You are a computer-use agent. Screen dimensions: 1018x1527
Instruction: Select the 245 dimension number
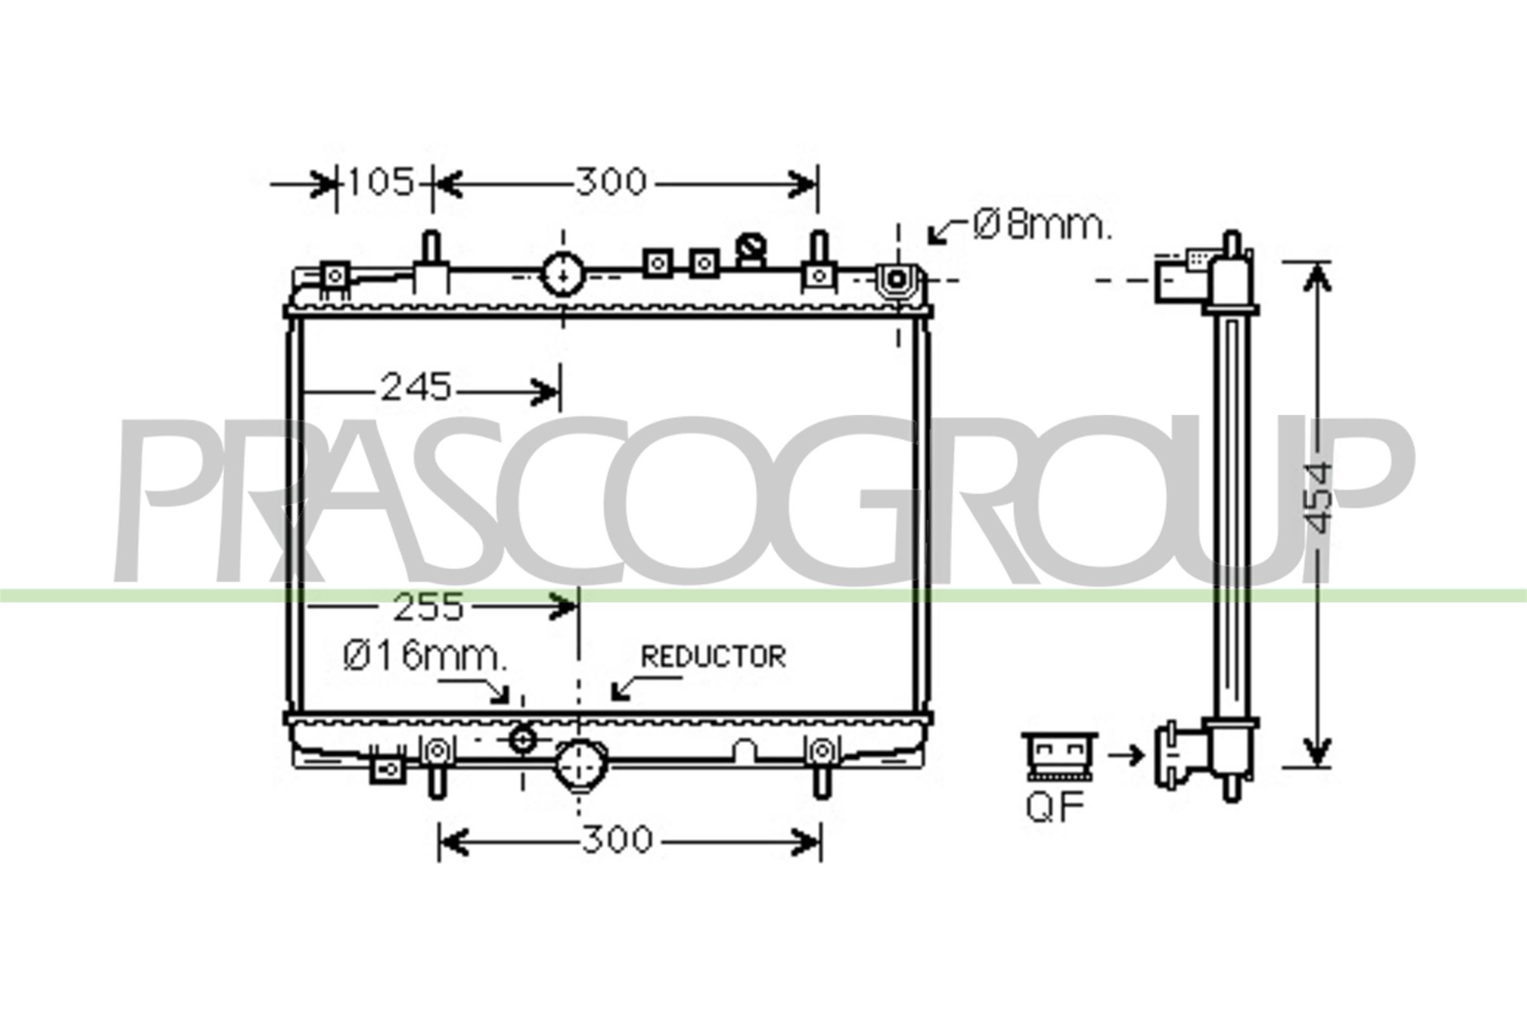click(415, 387)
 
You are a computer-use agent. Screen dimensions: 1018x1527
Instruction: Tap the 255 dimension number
click(428, 607)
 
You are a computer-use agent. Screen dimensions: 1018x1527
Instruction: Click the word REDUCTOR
click(713, 657)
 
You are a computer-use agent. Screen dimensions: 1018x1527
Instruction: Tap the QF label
click(1055, 807)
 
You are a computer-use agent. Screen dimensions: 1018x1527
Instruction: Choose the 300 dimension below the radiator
click(617, 840)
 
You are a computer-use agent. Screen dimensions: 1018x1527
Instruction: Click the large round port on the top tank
click(563, 274)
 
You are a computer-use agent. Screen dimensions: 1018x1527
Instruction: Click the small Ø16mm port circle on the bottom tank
click(522, 740)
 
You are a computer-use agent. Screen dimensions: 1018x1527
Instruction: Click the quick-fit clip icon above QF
click(1059, 755)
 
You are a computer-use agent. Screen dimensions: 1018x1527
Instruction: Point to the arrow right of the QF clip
click(1126, 755)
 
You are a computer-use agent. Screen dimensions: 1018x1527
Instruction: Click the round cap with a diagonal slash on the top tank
click(751, 249)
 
